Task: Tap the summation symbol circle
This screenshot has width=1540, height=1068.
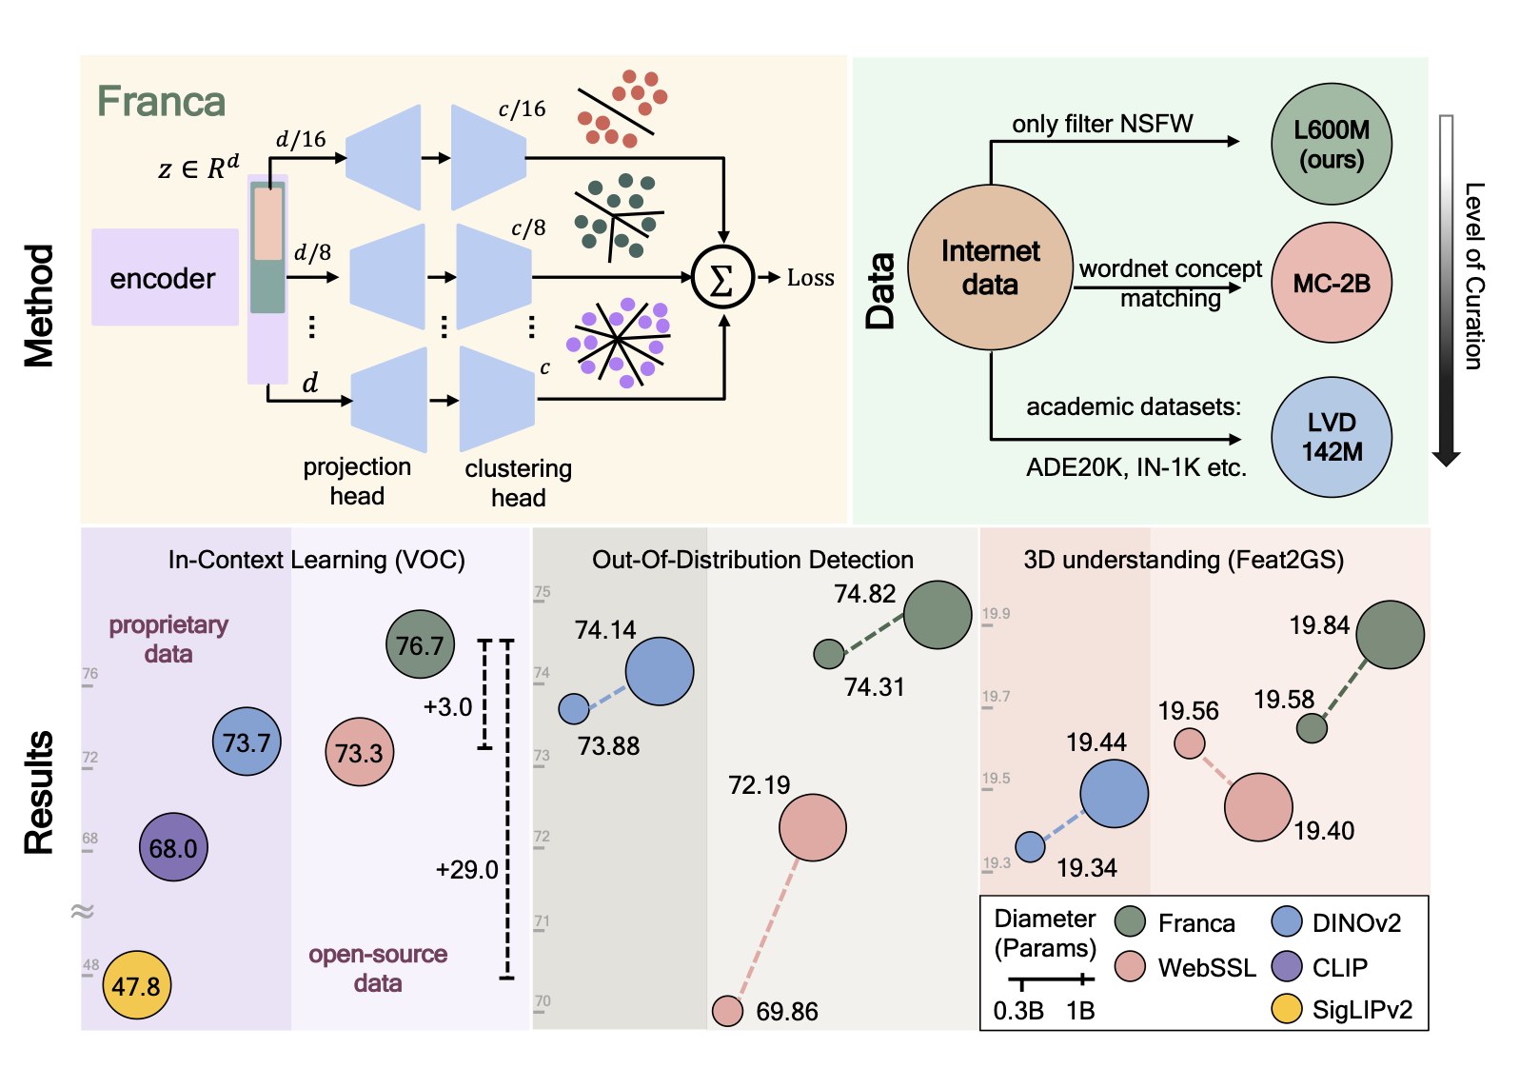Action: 722,278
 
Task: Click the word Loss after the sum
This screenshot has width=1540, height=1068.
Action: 810,278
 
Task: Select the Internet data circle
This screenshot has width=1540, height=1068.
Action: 990,267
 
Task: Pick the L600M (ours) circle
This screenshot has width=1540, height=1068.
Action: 1332,144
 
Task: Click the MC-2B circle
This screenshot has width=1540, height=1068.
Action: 1332,283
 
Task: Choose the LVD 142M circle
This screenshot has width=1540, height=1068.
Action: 1332,437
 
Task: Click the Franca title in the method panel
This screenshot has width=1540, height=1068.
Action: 161,101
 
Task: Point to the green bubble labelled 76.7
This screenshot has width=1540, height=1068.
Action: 420,644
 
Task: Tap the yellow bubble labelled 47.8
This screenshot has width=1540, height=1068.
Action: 136,985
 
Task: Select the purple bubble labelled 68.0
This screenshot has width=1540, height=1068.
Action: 173,847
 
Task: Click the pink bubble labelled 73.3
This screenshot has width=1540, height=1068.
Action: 359,752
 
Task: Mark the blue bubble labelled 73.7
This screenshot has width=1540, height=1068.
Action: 247,742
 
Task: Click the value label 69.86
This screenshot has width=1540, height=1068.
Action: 787,1011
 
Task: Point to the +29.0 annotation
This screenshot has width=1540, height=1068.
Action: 466,869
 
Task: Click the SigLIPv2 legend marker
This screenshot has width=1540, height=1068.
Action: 1287,1008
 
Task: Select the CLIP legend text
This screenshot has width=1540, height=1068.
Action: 1339,967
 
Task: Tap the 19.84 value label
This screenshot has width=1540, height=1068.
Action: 1319,625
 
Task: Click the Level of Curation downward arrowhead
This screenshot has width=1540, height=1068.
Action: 1446,458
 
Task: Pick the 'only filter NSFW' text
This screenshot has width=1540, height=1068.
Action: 1102,124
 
